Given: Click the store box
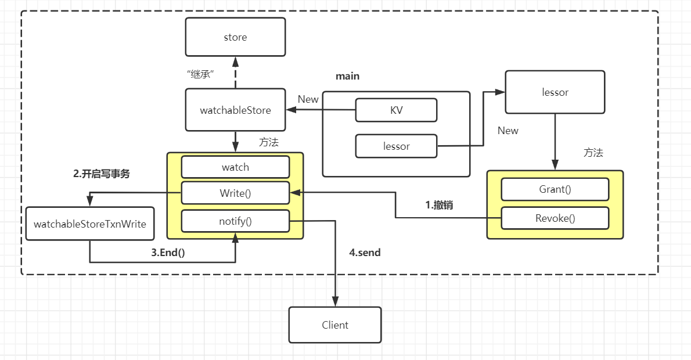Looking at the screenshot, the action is tap(235, 37).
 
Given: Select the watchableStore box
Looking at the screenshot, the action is tap(235, 110).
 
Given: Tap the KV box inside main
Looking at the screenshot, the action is tap(396, 110).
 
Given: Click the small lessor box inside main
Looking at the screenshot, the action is tap(396, 146).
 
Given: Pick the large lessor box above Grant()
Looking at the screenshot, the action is tap(555, 92).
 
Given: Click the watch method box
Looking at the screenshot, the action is tap(235, 167).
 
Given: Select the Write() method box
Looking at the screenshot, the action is tap(235, 193).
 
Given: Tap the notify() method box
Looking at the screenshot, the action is tap(235, 221).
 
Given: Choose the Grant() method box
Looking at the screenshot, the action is tap(555, 189).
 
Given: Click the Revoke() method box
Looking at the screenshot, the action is tap(555, 218).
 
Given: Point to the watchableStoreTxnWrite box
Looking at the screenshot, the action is tap(90, 224).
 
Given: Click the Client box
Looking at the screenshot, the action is tap(335, 325).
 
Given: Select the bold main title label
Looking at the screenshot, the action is tap(348, 76).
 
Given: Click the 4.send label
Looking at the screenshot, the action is tap(365, 253).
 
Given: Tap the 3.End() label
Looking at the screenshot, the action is tap(168, 253).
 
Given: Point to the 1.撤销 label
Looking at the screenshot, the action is tap(439, 205).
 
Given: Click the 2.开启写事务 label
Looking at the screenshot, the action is tap(102, 174).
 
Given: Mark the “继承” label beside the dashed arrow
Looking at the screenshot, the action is tap(200, 74).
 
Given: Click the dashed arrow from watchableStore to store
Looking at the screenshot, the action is tap(235, 73).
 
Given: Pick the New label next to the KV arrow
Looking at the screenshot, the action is tap(308, 99).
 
